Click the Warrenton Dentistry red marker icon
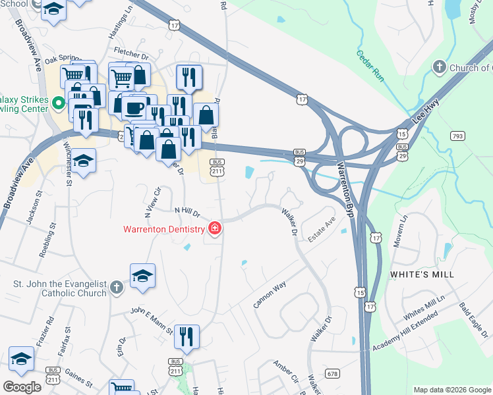(x=214, y=229)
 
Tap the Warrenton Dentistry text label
(x=164, y=229)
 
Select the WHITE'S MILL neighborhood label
(x=419, y=273)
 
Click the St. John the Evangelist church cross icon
(x=116, y=288)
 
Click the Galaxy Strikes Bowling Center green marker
(x=58, y=103)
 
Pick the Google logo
(x=22, y=386)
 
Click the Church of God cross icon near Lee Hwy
(x=440, y=67)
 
